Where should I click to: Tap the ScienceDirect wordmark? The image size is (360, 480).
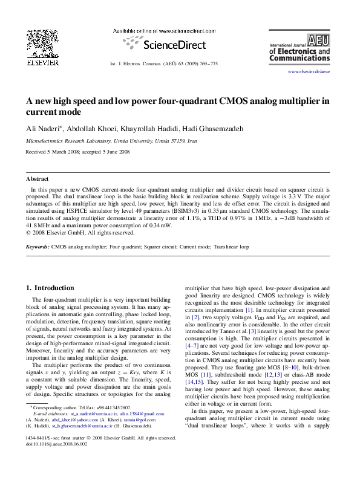click(171, 44)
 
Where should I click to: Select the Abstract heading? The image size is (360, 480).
click(37, 179)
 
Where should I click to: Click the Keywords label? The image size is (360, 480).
click(38, 247)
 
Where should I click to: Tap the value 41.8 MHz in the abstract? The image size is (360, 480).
click(41, 225)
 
